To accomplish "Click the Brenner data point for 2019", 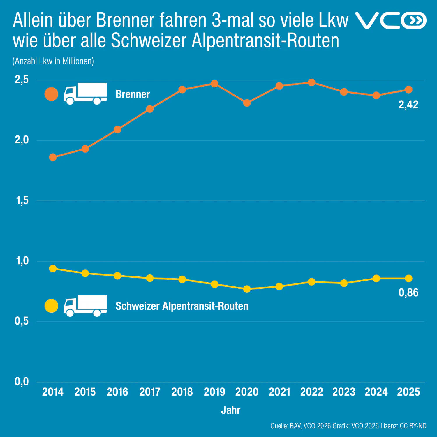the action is click(214, 84).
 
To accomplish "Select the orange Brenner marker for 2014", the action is click(53, 157).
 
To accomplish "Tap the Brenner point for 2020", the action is click(247, 103).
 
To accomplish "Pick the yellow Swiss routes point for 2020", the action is click(247, 289).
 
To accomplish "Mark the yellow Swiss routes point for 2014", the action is click(53, 269).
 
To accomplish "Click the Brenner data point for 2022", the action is click(311, 82).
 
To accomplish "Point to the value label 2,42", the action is click(408, 105).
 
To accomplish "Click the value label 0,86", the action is click(408, 292).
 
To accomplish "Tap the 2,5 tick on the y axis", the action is click(22, 80).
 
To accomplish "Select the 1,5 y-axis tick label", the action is click(22, 200).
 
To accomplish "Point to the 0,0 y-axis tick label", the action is click(22, 381).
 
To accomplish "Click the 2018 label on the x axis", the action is click(182, 392).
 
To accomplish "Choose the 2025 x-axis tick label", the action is click(408, 392).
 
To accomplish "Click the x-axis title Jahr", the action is click(231, 410).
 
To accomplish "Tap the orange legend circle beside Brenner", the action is click(51, 94).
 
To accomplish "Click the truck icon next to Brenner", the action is click(85, 94).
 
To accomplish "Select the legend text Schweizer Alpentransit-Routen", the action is click(182, 306).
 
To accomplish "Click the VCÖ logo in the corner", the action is click(391, 20).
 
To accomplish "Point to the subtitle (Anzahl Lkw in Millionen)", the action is click(53, 61).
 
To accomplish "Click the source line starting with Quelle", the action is click(348, 426).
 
